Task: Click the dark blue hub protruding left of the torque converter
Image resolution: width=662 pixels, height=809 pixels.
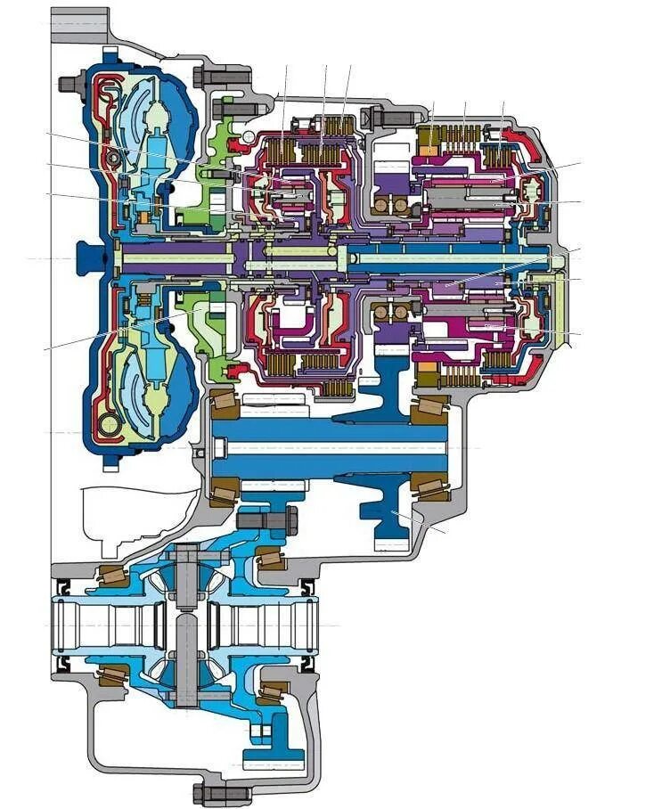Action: point(88,257)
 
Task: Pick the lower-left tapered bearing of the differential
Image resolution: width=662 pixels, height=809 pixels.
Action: point(112,676)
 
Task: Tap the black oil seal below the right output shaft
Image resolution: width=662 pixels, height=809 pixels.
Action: point(307,665)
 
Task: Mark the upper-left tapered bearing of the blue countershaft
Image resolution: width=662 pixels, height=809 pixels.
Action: point(224,405)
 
